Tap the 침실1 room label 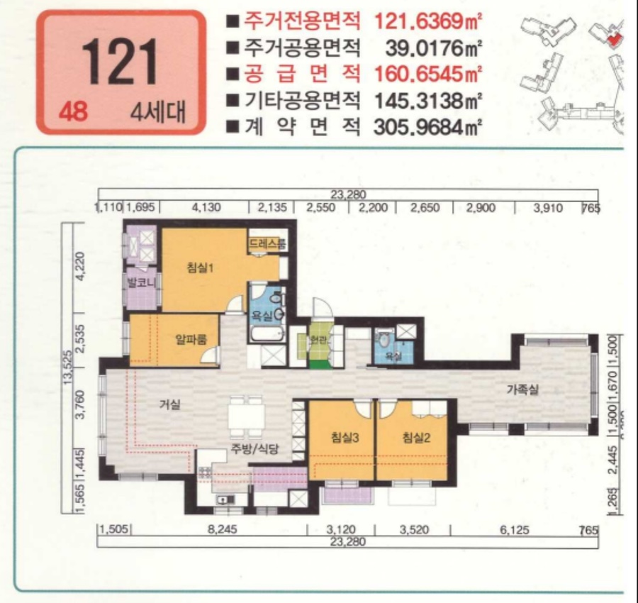(x=201, y=267)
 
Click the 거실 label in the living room (x=169, y=405)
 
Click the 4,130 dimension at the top (x=207, y=208)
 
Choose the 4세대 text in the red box (x=158, y=113)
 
